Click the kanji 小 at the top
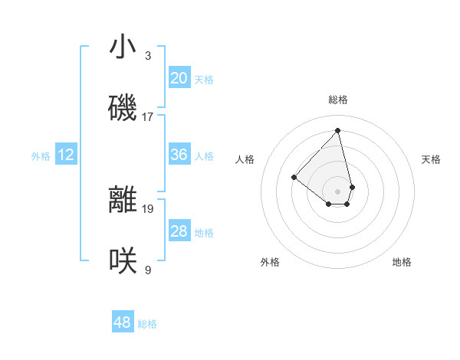[123, 47]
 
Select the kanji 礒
[123, 109]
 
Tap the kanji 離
[123, 200]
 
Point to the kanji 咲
[123, 262]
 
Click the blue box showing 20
[179, 77]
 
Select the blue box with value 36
[179, 155]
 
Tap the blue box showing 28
[179, 231]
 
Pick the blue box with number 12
[66, 155]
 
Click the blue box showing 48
[122, 322]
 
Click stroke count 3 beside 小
[148, 56]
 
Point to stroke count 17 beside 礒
[148, 117]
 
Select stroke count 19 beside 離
[148, 208]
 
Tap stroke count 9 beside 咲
[148, 270]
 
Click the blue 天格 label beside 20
[204, 79]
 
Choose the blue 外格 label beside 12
[41, 156]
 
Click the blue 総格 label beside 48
[147, 324]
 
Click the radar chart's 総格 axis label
[338, 100]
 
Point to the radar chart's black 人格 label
[245, 159]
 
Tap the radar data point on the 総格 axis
[338, 130]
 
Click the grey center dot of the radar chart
[338, 191]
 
